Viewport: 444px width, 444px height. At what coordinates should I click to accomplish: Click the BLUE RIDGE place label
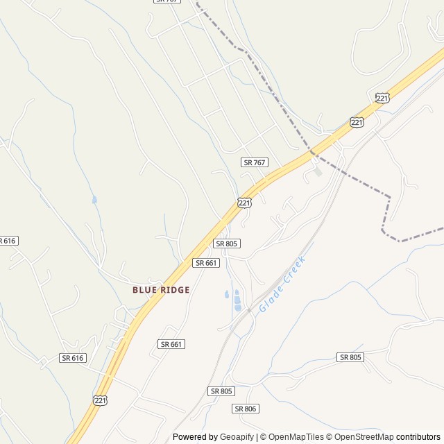pyautogui.click(x=161, y=289)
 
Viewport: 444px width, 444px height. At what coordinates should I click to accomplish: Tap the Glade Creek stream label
pyautogui.click(x=282, y=283)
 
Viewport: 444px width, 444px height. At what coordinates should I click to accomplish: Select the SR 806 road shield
pyautogui.click(x=246, y=409)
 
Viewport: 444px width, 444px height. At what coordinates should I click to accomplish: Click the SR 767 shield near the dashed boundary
pyautogui.click(x=255, y=162)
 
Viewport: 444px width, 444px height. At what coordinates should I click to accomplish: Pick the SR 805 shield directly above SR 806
pyautogui.click(x=221, y=391)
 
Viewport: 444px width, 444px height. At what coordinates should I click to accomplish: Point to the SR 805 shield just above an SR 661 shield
pyautogui.click(x=227, y=244)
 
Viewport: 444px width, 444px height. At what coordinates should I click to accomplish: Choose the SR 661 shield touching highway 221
pyautogui.click(x=207, y=263)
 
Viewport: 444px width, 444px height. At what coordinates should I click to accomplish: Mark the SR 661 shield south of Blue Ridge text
pyautogui.click(x=171, y=344)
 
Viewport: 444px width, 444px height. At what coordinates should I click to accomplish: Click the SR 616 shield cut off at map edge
pyautogui.click(x=7, y=241)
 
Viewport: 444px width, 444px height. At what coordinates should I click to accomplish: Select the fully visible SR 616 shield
pyautogui.click(x=72, y=358)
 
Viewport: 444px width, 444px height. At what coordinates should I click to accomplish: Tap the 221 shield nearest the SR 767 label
pyautogui.click(x=244, y=203)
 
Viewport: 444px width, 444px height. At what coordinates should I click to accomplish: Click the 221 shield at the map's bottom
pyautogui.click(x=100, y=400)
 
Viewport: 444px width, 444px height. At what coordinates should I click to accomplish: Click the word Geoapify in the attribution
pyautogui.click(x=237, y=437)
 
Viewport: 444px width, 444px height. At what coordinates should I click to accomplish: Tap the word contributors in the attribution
pyautogui.click(x=418, y=437)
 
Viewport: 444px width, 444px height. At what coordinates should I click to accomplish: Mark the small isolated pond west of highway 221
pyautogui.click(x=94, y=200)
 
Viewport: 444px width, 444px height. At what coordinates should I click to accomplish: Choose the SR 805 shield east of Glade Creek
pyautogui.click(x=350, y=357)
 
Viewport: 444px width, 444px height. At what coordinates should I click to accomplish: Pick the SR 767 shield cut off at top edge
pyautogui.click(x=166, y=1)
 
